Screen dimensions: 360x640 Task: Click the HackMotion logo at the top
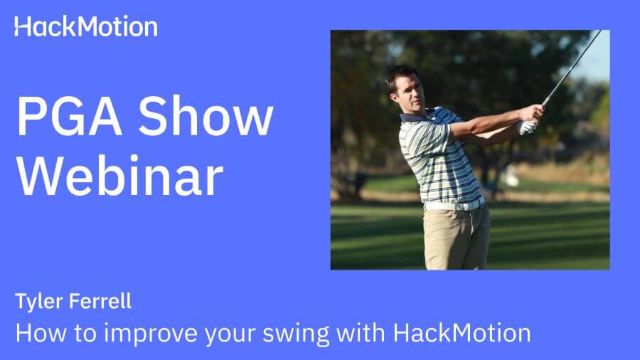click(86, 27)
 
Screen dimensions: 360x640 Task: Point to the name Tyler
click(37, 302)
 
